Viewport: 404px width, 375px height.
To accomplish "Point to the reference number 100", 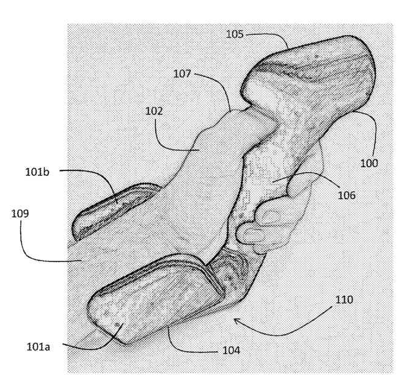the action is tap(369, 163).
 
